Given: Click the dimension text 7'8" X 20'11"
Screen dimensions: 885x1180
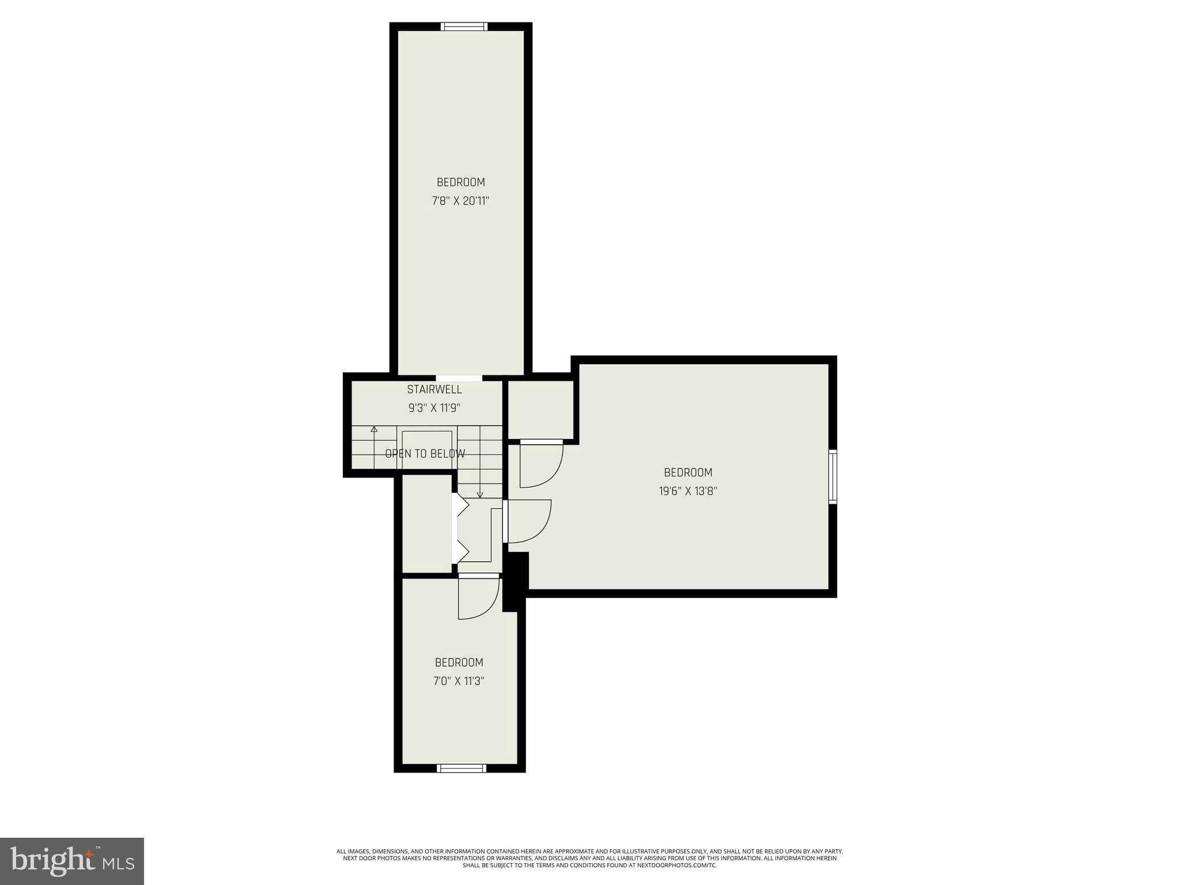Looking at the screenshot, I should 460,201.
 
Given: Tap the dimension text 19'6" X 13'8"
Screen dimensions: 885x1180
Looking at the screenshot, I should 688,491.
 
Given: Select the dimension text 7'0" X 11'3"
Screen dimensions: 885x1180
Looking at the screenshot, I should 459,681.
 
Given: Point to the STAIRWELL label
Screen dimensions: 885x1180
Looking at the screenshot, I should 434,389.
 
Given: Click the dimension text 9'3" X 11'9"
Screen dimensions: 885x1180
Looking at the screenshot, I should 434,408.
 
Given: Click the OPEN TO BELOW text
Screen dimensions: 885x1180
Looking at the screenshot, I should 425,453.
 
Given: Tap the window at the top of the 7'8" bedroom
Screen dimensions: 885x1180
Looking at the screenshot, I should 464,27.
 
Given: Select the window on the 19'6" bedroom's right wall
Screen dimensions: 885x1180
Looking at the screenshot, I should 833,476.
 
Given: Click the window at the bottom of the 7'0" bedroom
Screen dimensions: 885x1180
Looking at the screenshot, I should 462,768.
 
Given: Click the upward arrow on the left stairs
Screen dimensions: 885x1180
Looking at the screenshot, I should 374,429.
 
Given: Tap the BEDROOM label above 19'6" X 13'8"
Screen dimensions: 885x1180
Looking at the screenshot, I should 688,472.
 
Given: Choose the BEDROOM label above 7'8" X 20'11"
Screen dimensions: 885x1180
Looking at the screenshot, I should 460,182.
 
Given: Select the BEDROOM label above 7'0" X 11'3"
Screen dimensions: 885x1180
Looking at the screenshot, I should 459,662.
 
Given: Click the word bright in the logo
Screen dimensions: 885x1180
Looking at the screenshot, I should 52,861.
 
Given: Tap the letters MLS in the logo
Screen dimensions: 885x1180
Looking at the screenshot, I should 118,863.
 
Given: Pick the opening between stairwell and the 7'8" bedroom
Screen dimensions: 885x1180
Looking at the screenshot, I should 459,378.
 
